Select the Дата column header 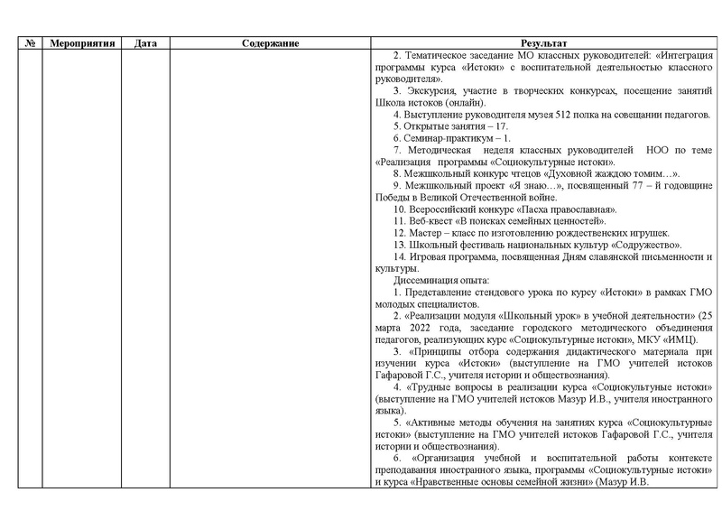(145, 43)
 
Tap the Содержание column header (271, 43)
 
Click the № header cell (30, 43)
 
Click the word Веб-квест (426, 220)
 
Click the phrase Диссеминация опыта (439, 279)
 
